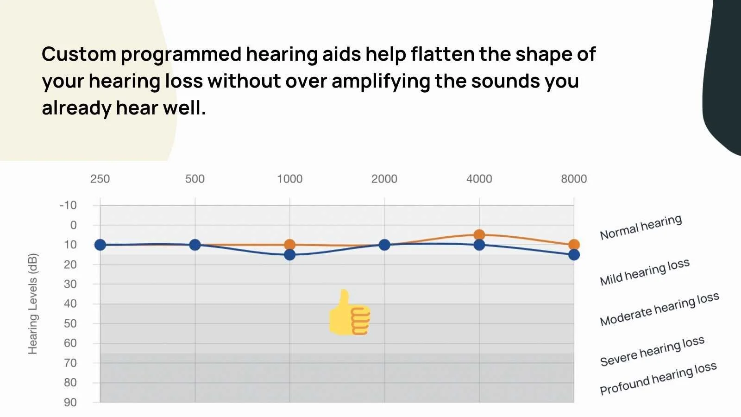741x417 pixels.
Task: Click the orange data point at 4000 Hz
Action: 479,234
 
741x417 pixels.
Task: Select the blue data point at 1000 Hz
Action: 289,254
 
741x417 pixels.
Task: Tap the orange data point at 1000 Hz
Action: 289,244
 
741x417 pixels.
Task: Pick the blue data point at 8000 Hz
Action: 574,254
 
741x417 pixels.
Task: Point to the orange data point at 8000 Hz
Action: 574,244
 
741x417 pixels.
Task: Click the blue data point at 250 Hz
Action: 100,245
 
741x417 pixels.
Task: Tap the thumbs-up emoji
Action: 350,313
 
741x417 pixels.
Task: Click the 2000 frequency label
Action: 384,179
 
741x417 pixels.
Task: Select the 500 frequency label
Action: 195,179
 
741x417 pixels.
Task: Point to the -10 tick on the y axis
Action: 68,205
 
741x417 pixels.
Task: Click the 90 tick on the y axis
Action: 70,402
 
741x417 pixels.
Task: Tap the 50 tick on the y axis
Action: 70,323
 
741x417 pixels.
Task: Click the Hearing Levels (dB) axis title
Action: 32,304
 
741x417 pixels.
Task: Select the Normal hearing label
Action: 641,227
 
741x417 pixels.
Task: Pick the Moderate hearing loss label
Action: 659,309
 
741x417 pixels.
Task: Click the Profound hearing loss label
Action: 658,379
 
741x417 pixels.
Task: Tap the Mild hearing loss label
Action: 644,272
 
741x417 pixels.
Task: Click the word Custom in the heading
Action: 79,54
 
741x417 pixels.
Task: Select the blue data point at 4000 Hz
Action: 479,245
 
